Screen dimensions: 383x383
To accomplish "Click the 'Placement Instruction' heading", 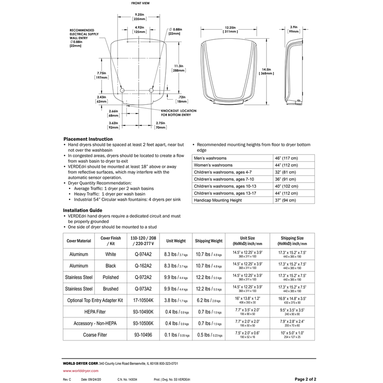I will [x=88, y=139].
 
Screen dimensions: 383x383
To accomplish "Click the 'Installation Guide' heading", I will [x=82, y=210].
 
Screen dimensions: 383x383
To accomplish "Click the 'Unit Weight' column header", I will [x=176, y=241].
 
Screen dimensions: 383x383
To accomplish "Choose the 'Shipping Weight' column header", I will [x=209, y=241].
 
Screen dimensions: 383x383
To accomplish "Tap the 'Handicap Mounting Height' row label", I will [x=218, y=201].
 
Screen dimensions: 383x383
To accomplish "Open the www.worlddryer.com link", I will [x=81, y=371].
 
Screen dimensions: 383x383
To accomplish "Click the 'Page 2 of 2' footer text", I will [x=305, y=379].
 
